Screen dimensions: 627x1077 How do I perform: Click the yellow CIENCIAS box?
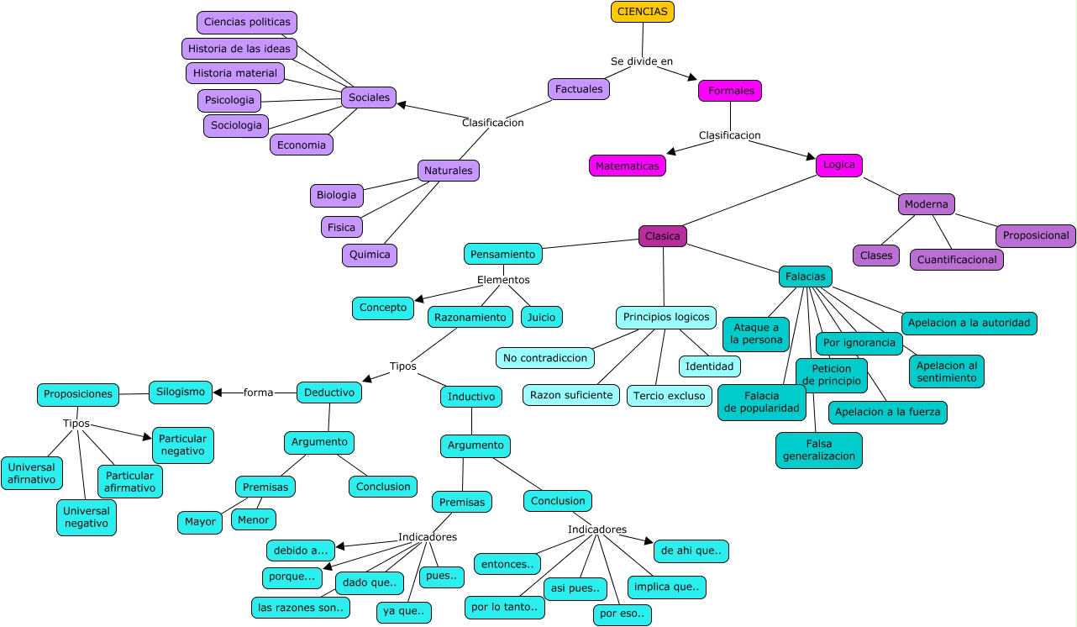click(x=642, y=12)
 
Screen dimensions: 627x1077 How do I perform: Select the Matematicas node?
click(x=627, y=166)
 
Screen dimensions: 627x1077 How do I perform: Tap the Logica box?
click(x=838, y=165)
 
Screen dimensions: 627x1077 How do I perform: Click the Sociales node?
click(x=369, y=97)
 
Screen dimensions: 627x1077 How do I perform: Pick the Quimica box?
click(x=369, y=255)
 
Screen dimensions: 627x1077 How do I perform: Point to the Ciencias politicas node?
click(x=247, y=22)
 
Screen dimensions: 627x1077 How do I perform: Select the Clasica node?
click(x=662, y=236)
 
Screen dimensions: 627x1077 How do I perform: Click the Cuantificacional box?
click(x=956, y=260)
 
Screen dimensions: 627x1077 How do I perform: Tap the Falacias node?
click(x=805, y=276)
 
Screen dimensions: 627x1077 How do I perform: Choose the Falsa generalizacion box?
click(x=818, y=450)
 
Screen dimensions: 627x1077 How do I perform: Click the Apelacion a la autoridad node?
click(x=969, y=323)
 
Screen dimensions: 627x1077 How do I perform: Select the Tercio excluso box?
click(x=669, y=395)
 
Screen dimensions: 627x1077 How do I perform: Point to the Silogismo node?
click(x=181, y=392)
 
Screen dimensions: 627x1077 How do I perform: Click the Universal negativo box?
click(x=87, y=517)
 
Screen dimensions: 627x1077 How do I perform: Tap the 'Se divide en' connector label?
click(x=641, y=61)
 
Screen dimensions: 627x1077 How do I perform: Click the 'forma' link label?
click(x=258, y=393)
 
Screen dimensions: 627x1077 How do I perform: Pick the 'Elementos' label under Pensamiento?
click(x=503, y=280)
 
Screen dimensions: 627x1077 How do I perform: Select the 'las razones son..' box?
click(x=300, y=608)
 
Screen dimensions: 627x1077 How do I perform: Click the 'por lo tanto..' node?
click(x=503, y=607)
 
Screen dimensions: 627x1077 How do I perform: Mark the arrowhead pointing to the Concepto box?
click(x=420, y=298)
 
